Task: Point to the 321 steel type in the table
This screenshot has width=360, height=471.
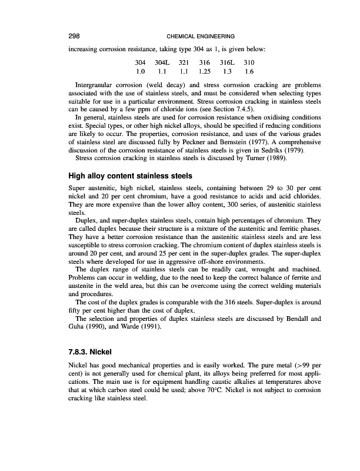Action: (185, 62)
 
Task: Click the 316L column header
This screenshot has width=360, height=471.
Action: (228, 62)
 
